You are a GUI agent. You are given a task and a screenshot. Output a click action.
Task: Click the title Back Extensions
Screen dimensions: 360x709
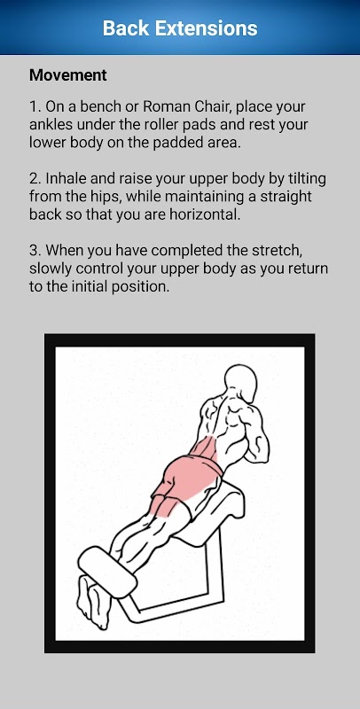[x=180, y=28]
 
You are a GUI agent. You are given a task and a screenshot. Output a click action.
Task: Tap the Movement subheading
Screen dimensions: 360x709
[x=68, y=75]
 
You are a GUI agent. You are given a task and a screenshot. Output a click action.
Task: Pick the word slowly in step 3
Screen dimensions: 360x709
[x=51, y=269]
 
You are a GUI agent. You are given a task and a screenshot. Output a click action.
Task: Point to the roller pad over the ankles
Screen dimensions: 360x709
[x=107, y=572]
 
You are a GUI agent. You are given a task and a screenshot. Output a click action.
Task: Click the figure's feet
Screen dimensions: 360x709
[x=94, y=601]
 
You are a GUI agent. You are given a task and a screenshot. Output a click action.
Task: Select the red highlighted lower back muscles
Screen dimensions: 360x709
[x=204, y=451]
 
